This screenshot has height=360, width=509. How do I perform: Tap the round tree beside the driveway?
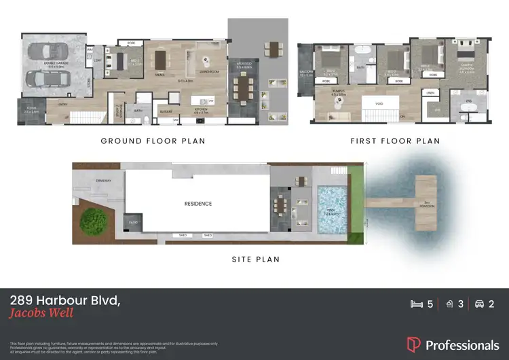pos(91,220)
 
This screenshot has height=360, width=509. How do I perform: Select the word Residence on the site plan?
pos(198,203)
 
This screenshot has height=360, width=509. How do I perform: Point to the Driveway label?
pos(104,181)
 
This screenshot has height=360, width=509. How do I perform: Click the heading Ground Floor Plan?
pos(153,141)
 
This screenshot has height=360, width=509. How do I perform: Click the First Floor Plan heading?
pos(395,141)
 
